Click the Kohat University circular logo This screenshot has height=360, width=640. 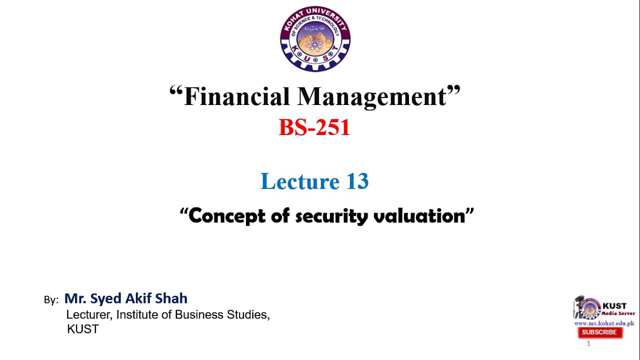point(315,39)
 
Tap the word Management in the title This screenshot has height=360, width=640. point(372,96)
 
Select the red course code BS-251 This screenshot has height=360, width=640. point(314,127)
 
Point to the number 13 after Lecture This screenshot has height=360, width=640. point(356,181)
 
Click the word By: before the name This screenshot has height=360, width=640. point(51,300)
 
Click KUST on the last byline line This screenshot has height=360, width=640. point(83,329)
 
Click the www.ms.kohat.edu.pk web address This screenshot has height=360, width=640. point(604,323)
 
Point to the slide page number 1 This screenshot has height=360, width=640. point(588,343)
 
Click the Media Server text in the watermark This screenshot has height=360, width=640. point(618,313)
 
